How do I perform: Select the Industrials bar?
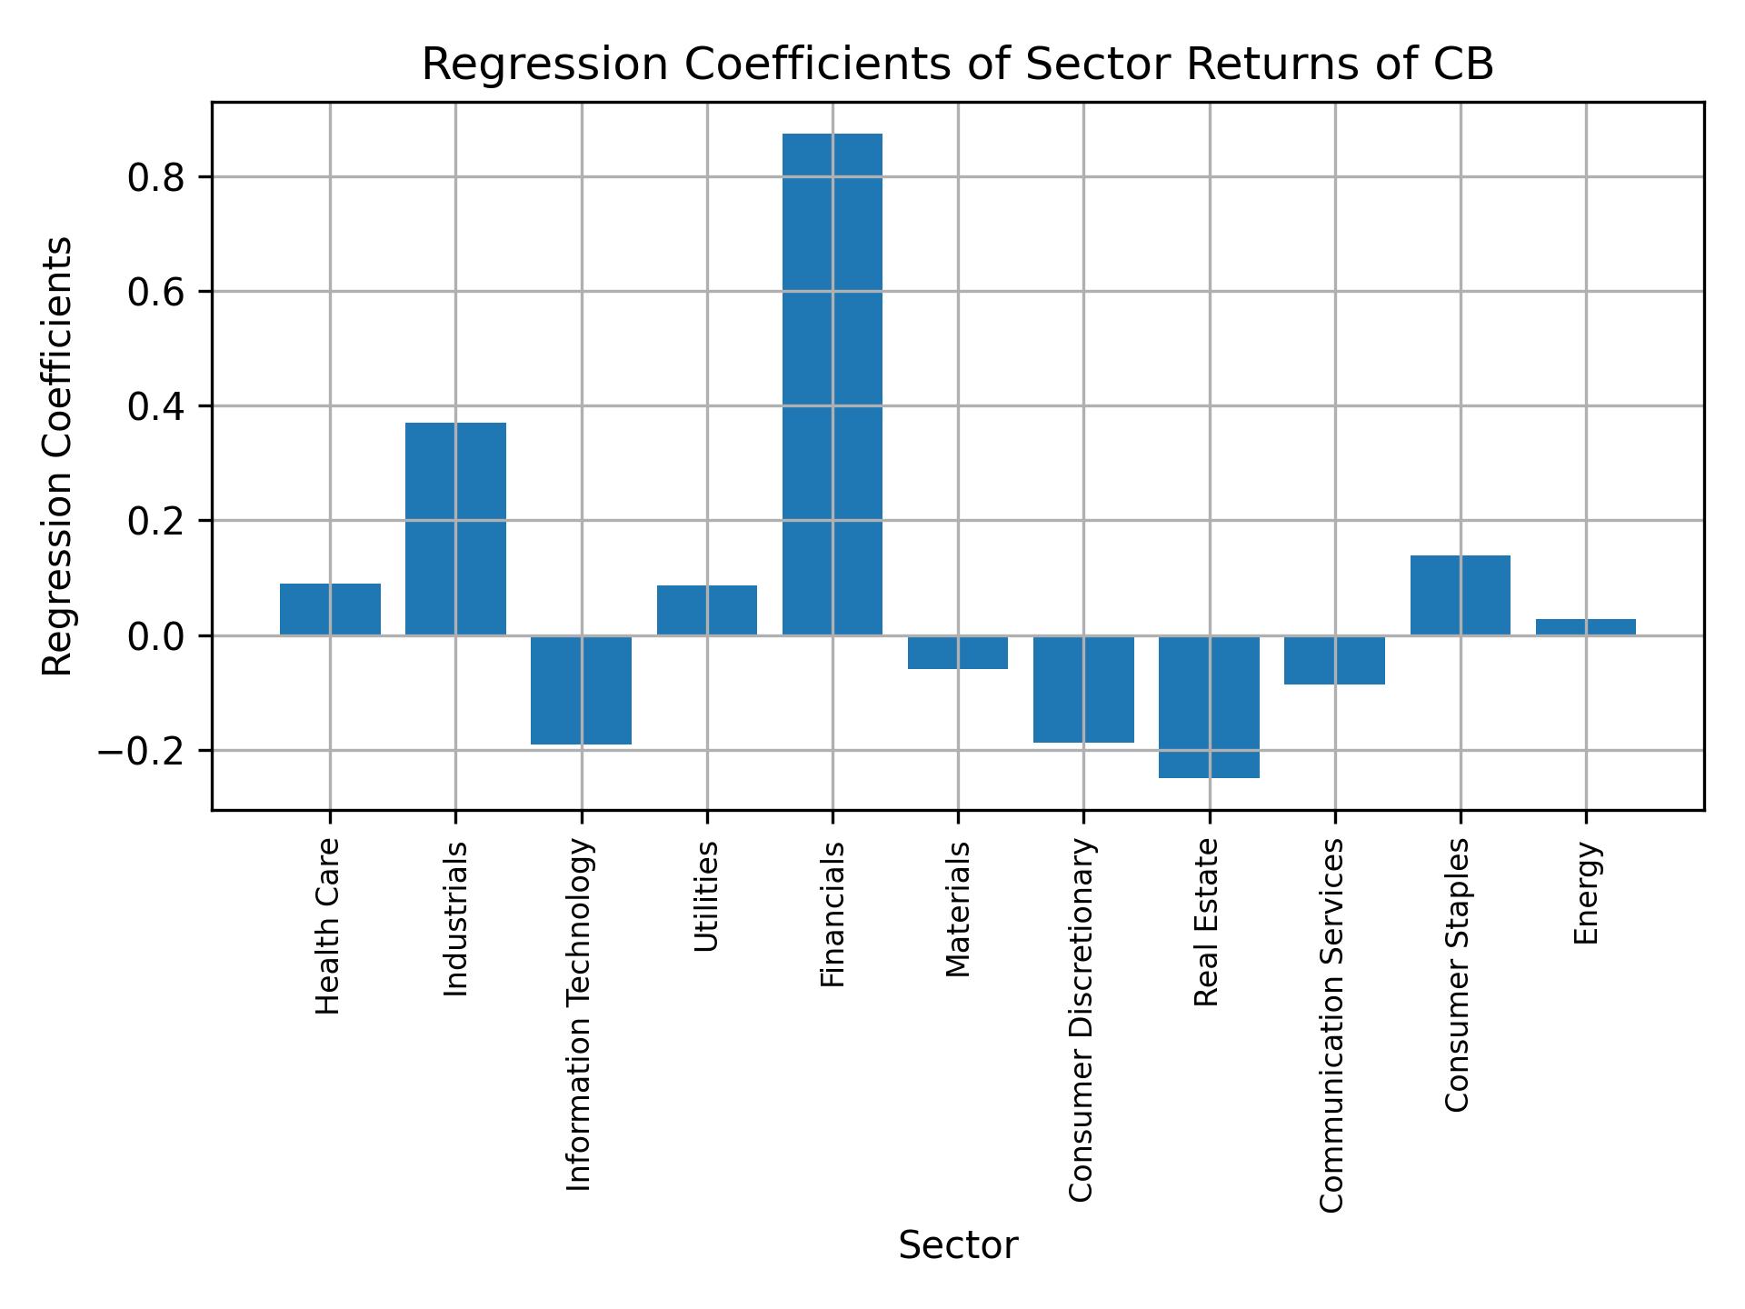[x=455, y=528]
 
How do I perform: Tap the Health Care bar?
[x=330, y=609]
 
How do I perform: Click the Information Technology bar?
[x=581, y=690]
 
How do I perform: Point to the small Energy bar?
[x=1585, y=626]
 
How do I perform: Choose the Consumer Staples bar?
[x=1460, y=595]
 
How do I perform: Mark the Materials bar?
[x=957, y=653]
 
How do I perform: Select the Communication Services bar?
[x=1334, y=660]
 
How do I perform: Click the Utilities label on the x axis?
[x=707, y=896]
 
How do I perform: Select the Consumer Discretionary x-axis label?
[x=1082, y=1020]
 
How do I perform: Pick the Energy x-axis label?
[x=1586, y=894]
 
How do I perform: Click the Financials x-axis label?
[x=833, y=914]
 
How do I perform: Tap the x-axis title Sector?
[x=957, y=1245]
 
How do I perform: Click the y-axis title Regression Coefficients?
[x=58, y=456]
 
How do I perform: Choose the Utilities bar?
[x=706, y=610]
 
